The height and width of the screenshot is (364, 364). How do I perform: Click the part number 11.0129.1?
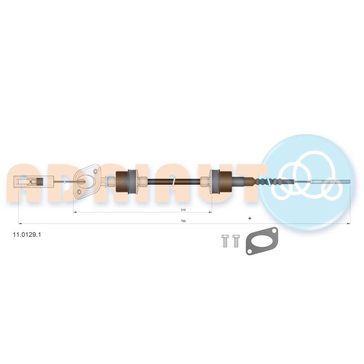point(27,235)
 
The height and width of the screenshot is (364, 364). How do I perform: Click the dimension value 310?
point(183,210)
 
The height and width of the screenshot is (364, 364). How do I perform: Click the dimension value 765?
point(183,221)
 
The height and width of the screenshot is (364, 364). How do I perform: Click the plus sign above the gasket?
point(250,218)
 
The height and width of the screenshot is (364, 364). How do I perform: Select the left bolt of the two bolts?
point(225,241)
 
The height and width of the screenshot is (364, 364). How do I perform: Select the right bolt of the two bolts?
point(236,241)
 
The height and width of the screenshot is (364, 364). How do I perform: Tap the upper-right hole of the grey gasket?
point(274,232)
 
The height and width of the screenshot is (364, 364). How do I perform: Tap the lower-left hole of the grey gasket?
point(249,251)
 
